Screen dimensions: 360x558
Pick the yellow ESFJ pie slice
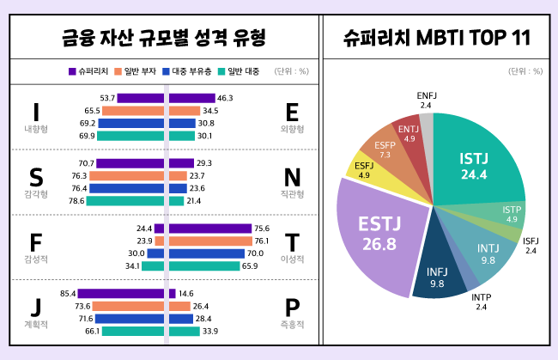pyautogui.click(x=364, y=168)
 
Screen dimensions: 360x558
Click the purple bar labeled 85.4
pyautogui.click(x=120, y=294)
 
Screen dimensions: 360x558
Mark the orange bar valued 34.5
pyautogui.click(x=184, y=111)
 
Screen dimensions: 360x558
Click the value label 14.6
pyautogui.click(x=186, y=294)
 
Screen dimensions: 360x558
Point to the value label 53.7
pyautogui.click(x=107, y=99)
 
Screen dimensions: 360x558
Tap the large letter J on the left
pyautogui.click(x=36, y=308)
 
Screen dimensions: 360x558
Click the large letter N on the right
pyautogui.click(x=292, y=178)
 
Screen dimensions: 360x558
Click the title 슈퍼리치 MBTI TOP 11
pyautogui.click(x=437, y=38)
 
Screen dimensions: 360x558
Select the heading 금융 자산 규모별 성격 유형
pyautogui.click(x=164, y=38)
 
